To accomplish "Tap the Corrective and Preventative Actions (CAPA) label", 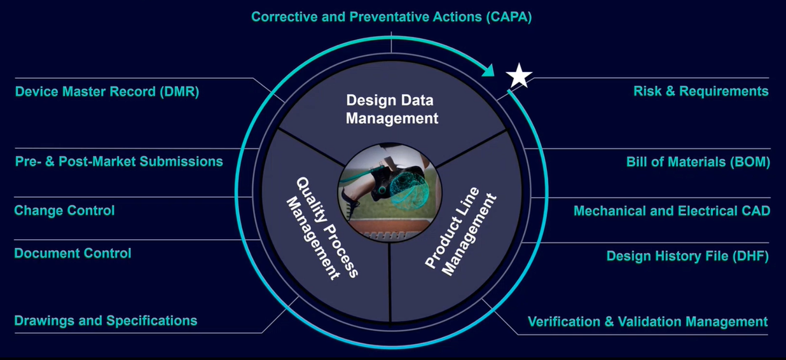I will click(391, 17).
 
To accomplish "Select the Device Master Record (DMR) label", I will click(107, 91).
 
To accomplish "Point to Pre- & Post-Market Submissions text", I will click(119, 161).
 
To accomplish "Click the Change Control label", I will click(64, 210).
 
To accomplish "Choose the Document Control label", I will click(72, 253).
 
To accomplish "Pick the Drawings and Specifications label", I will click(106, 320).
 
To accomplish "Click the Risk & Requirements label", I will click(701, 91).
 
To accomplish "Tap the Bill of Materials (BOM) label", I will click(698, 162).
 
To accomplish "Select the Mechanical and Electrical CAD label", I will click(672, 211).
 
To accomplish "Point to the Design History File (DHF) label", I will click(687, 256).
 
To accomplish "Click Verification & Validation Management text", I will click(647, 321).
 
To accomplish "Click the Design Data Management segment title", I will click(392, 109).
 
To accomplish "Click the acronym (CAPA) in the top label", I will click(507, 17).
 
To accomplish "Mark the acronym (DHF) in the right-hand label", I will click(749, 256).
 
